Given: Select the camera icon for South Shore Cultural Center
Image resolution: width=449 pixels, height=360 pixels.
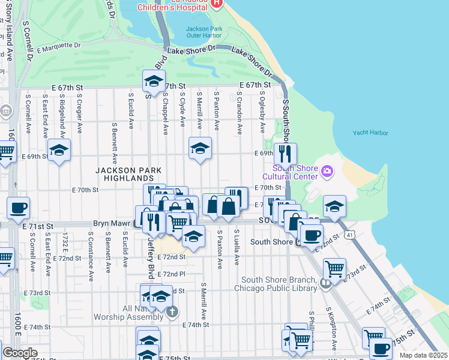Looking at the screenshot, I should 327,172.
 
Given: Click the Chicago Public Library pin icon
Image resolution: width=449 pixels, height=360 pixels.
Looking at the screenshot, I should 325,283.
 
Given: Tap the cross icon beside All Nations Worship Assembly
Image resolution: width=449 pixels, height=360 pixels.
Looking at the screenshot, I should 172,311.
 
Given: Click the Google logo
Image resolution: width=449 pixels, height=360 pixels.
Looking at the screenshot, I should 20,352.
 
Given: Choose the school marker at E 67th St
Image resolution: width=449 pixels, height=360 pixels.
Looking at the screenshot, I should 154,80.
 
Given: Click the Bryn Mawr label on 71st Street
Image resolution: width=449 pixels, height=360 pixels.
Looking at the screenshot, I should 112,223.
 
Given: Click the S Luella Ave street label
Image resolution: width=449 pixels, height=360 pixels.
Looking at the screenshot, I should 237,248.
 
